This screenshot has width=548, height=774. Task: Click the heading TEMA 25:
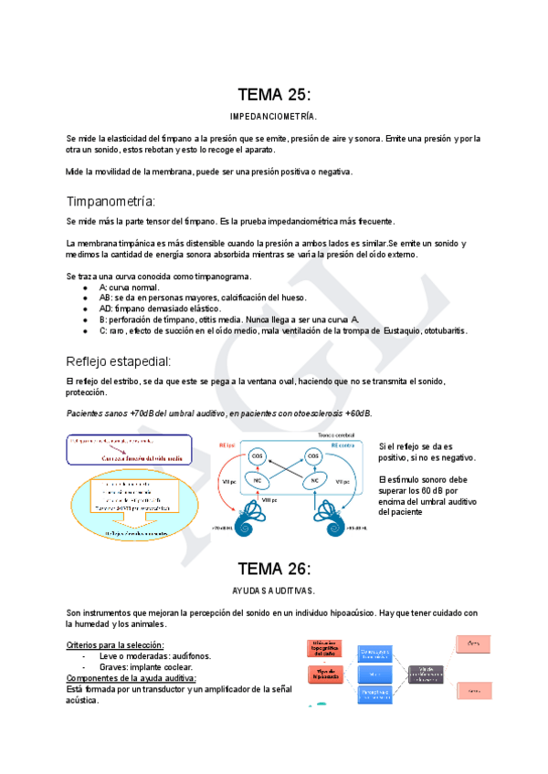tap(274, 94)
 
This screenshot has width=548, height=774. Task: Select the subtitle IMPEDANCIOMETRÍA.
tap(274, 117)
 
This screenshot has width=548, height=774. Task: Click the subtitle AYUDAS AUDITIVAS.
tap(274, 591)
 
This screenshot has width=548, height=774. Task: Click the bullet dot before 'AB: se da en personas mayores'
tap(85, 298)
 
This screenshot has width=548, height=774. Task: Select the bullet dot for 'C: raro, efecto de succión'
tap(85, 330)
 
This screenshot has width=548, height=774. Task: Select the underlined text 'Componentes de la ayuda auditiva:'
tap(131, 678)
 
